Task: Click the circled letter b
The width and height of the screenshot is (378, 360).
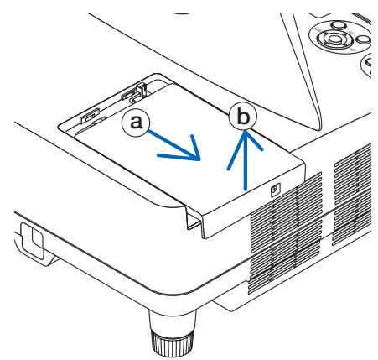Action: pos(243,117)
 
